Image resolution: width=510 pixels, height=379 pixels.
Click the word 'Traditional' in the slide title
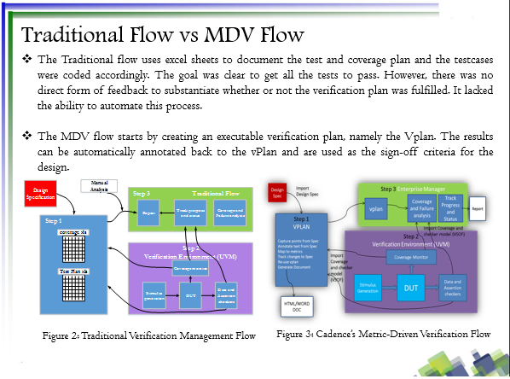coord(70,36)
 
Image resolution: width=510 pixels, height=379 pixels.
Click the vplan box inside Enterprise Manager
coord(376,208)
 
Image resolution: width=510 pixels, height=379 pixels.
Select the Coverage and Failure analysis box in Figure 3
coord(423,208)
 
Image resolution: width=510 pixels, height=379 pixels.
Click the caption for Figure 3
coord(383,333)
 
